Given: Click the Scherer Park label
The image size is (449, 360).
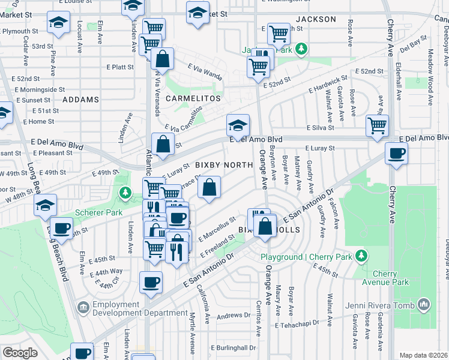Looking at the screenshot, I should [x=98, y=212].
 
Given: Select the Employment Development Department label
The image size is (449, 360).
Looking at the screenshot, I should [x=140, y=308].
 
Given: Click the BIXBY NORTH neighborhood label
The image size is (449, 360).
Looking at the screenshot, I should [x=221, y=165].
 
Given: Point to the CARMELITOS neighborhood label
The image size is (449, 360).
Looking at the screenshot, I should [x=193, y=98].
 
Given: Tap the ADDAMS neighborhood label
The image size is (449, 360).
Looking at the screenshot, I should [x=80, y=99].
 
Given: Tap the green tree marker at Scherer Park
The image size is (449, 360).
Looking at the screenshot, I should [x=125, y=193].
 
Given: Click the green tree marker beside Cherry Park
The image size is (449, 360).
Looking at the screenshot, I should [x=361, y=256].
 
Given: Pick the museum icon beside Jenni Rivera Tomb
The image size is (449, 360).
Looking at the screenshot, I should [x=425, y=305].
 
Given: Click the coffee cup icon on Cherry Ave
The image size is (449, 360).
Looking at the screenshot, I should [x=396, y=153].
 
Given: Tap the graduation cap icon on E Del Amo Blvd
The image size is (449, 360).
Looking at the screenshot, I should [x=238, y=126].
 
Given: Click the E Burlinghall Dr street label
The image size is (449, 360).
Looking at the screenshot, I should [x=234, y=347].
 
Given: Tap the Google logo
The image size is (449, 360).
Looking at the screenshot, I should [x=20, y=353].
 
